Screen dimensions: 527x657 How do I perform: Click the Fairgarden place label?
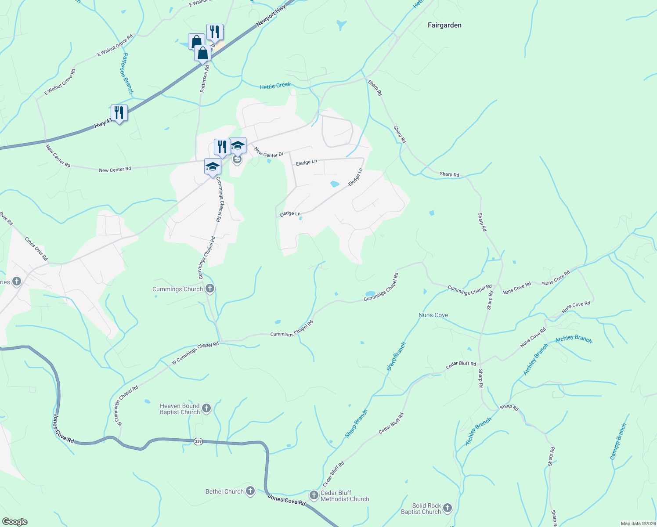pos(444,25)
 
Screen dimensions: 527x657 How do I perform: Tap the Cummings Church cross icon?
pos(210,289)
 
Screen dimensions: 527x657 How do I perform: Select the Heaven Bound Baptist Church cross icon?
pos(206,409)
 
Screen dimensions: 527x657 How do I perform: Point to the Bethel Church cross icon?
pos(250,491)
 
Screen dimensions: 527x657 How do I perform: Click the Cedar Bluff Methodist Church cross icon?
pos(314,495)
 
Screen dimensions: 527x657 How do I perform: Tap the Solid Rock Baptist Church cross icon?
pos(448,508)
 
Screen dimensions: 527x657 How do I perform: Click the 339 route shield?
pos(199,441)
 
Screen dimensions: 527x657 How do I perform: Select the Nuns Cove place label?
pos(433,315)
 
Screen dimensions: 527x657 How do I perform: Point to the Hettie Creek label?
pos(275,86)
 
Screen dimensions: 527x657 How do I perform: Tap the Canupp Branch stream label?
pos(618,441)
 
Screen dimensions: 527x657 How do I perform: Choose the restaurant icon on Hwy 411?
pos(119,113)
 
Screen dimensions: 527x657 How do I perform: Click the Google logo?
pos(15,522)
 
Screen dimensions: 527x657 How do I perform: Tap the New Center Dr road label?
pos(269,153)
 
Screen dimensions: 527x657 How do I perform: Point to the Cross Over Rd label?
pos(36,249)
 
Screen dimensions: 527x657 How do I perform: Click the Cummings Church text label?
pos(177,289)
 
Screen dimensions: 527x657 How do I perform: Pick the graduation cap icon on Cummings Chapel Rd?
pos(213,167)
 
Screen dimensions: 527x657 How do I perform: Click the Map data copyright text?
pos(638,523)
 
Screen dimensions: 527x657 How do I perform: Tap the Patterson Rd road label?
pos(204,79)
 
